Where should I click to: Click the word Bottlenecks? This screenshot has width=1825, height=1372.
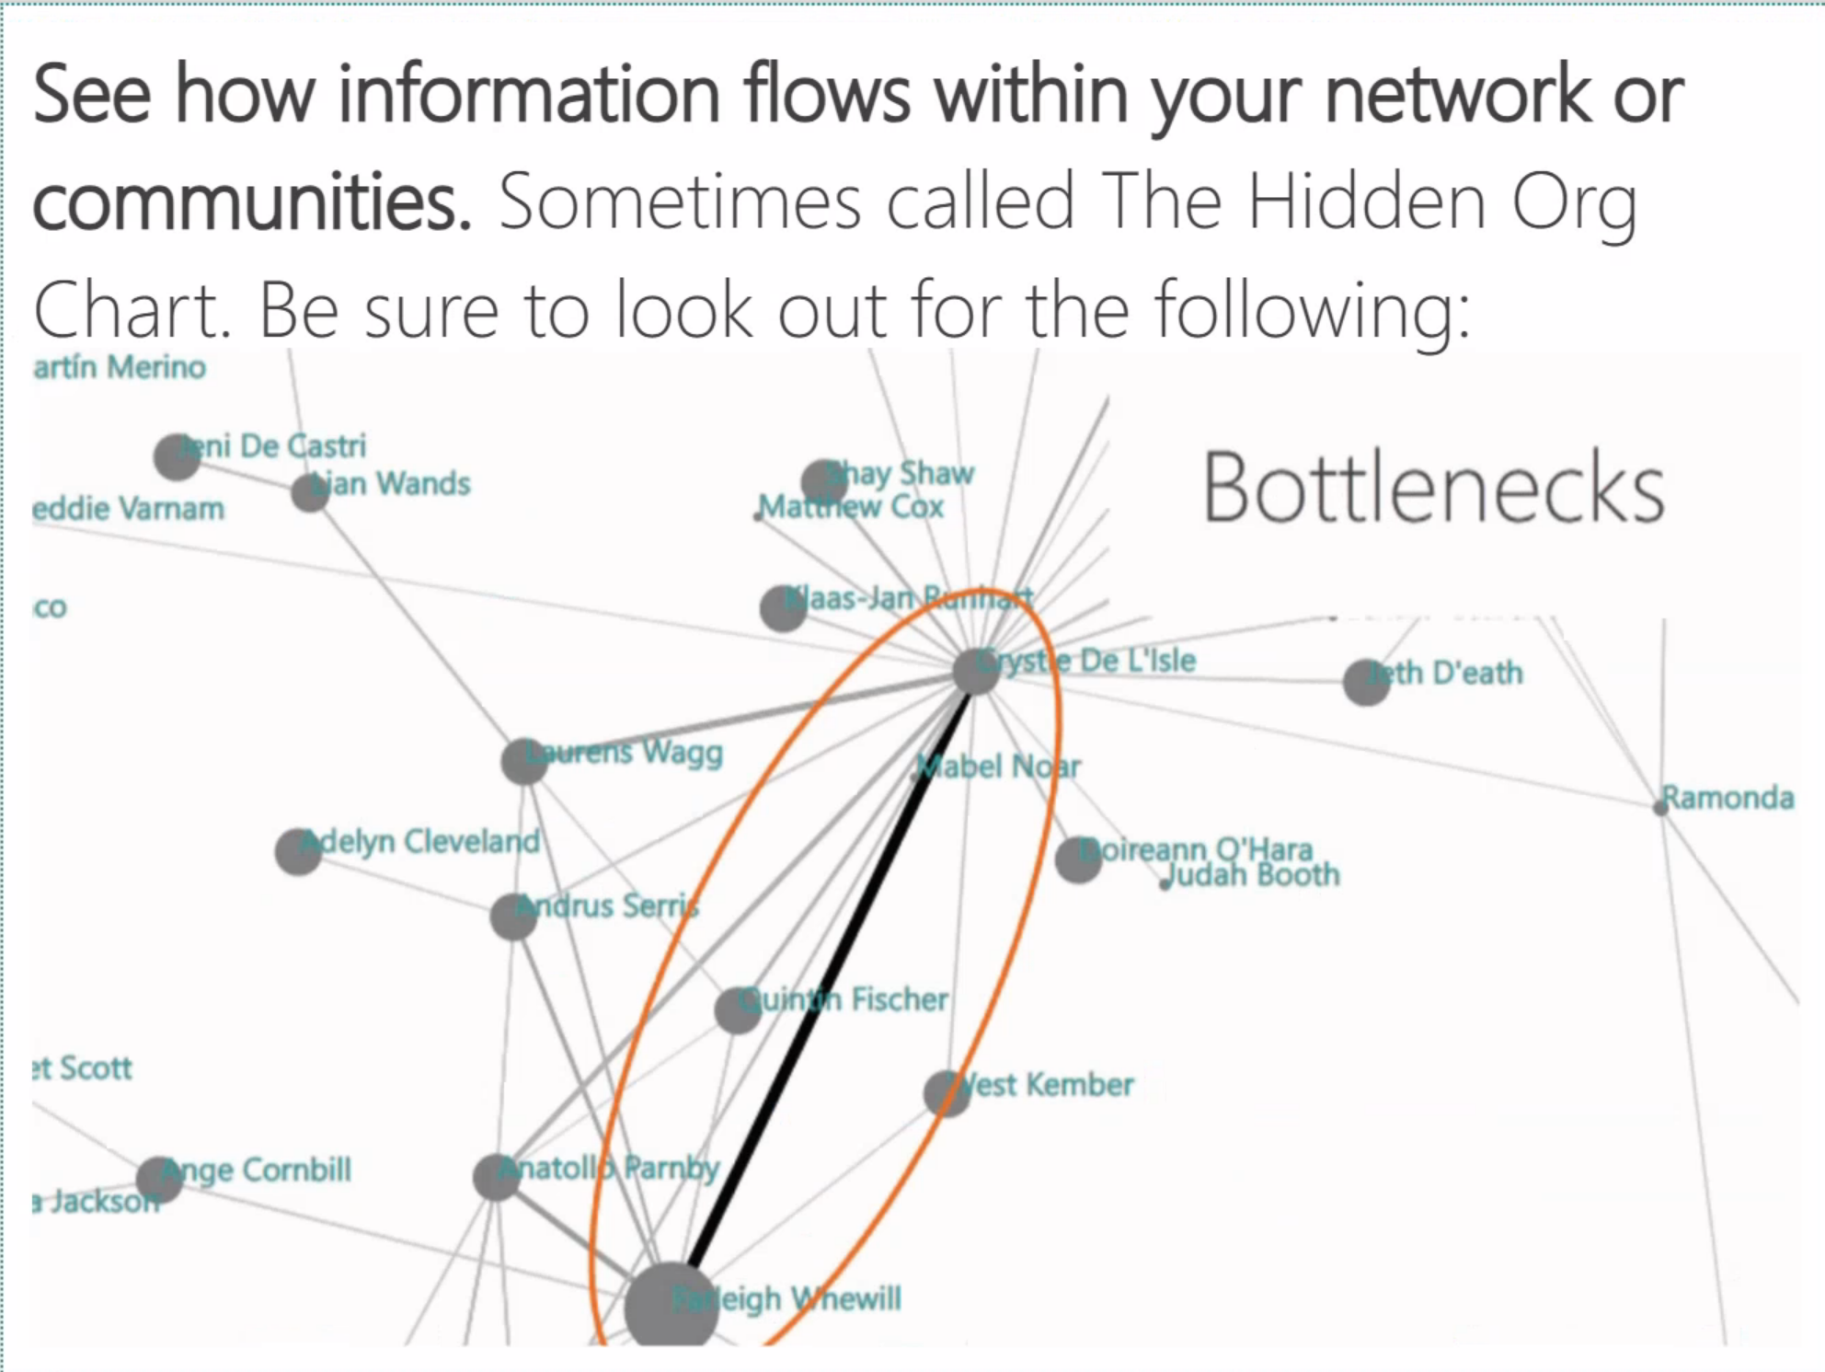(1433, 489)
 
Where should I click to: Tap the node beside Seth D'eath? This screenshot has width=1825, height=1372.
(1366, 682)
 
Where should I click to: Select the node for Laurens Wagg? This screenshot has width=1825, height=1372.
(524, 761)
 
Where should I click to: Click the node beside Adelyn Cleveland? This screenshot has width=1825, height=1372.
(298, 850)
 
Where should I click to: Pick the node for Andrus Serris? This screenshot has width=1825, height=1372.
(513, 917)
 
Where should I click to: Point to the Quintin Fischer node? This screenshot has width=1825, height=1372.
(738, 1009)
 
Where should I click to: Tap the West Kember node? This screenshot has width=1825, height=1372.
(947, 1093)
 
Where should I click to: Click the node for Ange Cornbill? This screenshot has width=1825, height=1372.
(159, 1180)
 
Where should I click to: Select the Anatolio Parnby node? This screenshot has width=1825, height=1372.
(497, 1177)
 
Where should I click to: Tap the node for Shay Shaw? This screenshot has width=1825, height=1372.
(824, 482)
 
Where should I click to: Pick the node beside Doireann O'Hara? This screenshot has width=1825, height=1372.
(1078, 859)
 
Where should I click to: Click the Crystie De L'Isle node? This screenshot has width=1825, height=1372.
(976, 671)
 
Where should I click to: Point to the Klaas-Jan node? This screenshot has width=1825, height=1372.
(783, 608)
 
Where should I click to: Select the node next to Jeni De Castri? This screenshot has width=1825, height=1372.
(177, 456)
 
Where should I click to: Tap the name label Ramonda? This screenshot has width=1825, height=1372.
(1727, 798)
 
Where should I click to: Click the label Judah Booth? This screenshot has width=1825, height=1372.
(1255, 874)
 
